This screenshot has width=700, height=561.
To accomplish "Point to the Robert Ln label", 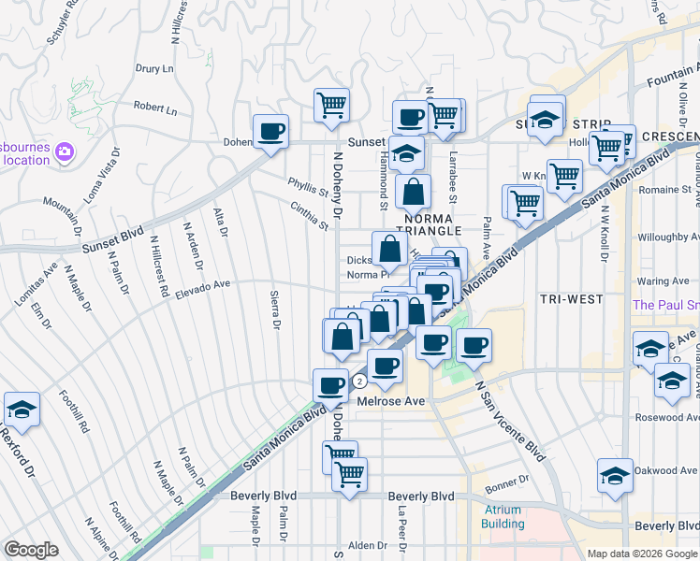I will (154, 108).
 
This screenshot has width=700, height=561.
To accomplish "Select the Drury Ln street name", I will (154, 68).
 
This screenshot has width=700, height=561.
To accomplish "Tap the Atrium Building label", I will (503, 517).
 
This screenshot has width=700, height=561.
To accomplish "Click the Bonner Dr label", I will (507, 479).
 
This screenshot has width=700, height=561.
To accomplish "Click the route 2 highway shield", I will (358, 381).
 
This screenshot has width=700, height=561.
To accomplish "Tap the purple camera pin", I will (64, 151).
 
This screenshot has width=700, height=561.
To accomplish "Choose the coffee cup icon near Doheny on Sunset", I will (270, 131).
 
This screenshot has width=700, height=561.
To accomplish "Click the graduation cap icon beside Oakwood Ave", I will (615, 477).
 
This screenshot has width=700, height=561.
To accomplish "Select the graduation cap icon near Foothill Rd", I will (22, 409).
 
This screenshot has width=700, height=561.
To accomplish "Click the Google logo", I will (31, 549).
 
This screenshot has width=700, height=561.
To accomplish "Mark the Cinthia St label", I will (310, 217).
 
